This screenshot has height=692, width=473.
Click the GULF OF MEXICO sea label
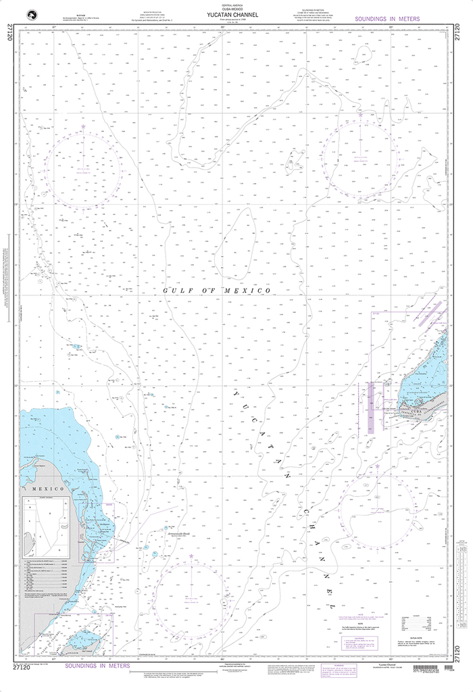pyautogui.click(x=217, y=291)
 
